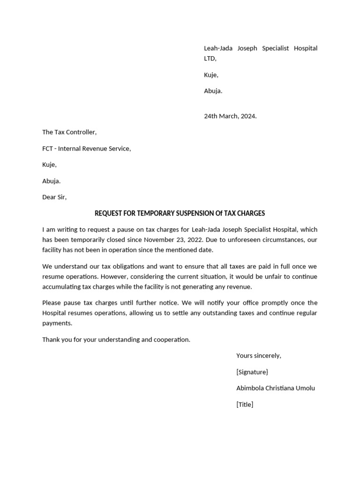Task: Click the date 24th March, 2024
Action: click(230, 116)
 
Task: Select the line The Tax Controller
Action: click(69, 132)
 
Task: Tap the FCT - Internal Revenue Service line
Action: click(86, 149)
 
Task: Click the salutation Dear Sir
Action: click(54, 197)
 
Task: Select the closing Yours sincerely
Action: click(258, 355)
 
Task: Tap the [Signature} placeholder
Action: click(252, 372)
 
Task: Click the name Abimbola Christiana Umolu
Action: click(276, 388)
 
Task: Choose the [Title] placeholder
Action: click(245, 404)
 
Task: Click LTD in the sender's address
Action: click(210, 59)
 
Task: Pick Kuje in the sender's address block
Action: click(211, 75)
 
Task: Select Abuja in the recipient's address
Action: click(51, 181)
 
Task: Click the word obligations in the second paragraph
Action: click(120, 266)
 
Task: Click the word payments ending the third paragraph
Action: click(57, 323)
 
